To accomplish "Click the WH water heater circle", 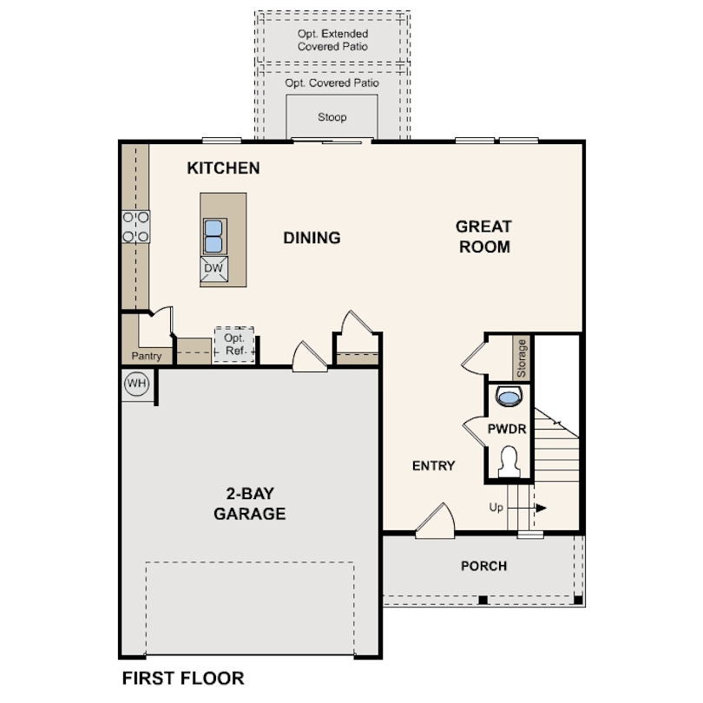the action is click(x=137, y=384).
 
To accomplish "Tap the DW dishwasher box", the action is click(x=214, y=269).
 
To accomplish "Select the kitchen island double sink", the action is click(x=214, y=236).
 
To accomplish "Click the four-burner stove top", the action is click(x=136, y=227).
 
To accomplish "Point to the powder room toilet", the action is click(x=509, y=462).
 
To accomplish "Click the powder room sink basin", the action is click(x=509, y=397).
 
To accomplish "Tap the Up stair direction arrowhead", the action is click(x=542, y=508).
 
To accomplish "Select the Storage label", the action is click(x=521, y=358).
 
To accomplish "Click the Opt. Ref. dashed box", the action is click(x=234, y=345).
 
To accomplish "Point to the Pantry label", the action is click(x=146, y=356).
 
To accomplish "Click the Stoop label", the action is click(x=332, y=117).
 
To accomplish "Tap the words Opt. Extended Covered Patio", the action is click(x=332, y=40).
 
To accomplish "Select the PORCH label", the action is click(x=484, y=566).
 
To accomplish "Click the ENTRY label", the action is click(x=434, y=466).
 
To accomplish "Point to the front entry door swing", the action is click(x=436, y=521).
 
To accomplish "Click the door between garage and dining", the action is click(x=309, y=357).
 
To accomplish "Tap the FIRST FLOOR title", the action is click(x=183, y=679).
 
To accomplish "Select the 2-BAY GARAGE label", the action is click(x=250, y=503).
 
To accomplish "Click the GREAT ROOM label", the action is click(x=484, y=237).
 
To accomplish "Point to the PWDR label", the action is click(x=507, y=429).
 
